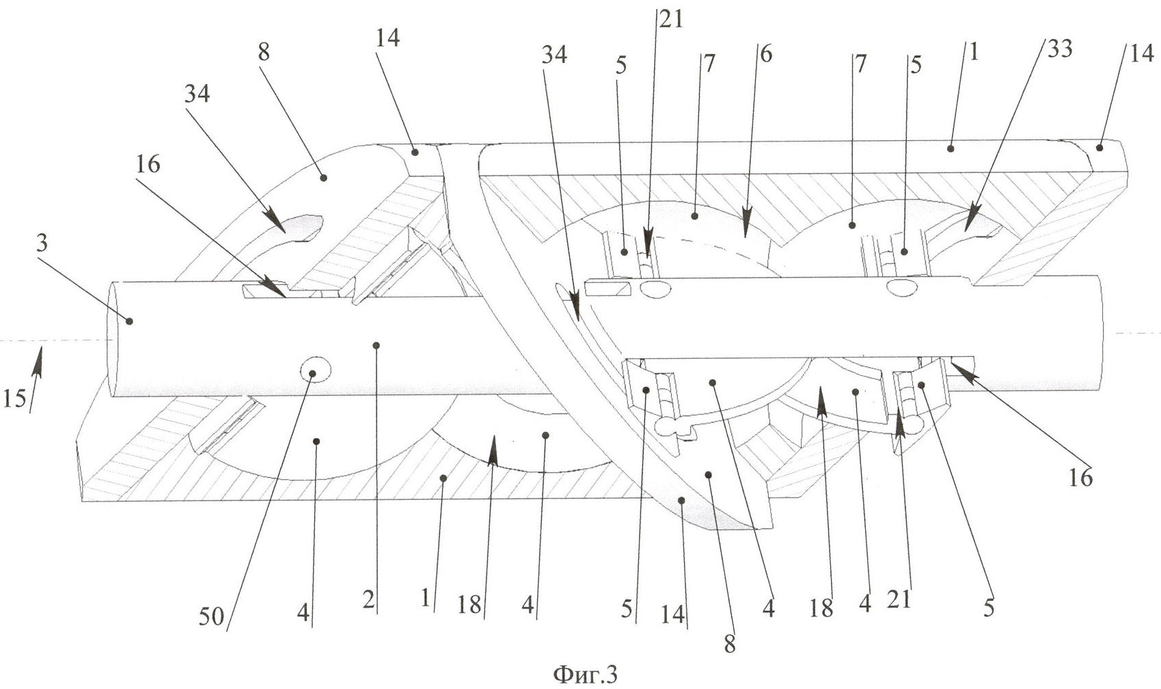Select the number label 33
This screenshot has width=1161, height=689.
[1058, 49]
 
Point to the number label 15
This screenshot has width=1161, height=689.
[14, 398]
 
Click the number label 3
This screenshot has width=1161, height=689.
[42, 243]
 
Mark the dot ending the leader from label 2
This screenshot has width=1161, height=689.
[374, 345]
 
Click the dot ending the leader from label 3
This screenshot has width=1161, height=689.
[128, 321]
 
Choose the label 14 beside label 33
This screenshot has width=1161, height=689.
[1140, 53]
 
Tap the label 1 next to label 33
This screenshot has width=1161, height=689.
[974, 51]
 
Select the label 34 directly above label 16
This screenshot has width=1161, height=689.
[196, 94]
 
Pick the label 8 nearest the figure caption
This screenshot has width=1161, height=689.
[730, 643]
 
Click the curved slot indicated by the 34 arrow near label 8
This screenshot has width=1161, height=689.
[297, 229]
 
